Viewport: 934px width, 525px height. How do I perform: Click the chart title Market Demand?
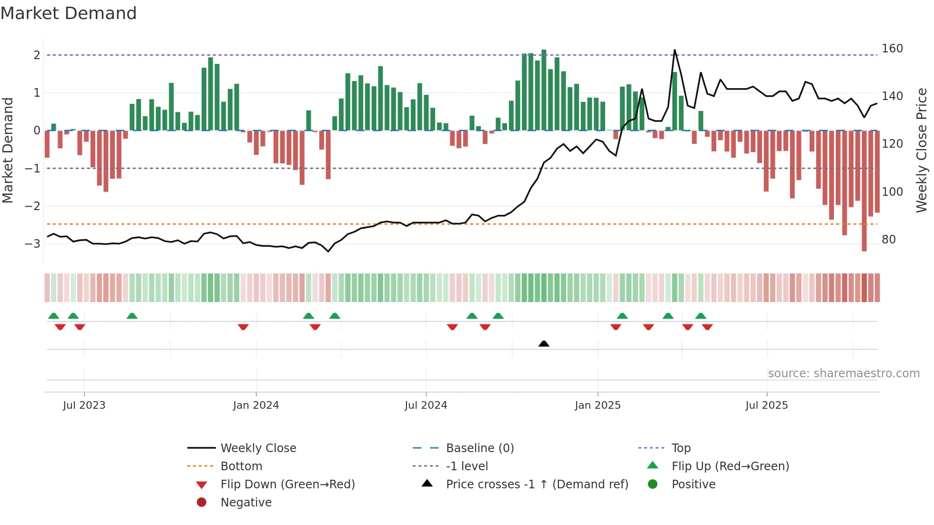[69, 13]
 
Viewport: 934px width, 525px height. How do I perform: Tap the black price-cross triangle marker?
[544, 343]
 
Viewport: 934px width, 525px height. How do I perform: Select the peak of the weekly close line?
[674, 50]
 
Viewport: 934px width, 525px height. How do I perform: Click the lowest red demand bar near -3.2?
[864, 191]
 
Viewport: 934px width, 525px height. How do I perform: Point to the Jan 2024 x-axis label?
[256, 405]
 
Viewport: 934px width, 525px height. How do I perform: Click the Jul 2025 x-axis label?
[767, 405]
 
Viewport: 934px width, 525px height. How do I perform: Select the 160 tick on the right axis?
[892, 49]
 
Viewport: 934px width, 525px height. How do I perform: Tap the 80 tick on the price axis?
[889, 240]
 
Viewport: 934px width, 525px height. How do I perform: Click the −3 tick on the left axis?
[32, 244]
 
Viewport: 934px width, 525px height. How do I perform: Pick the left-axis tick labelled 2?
[37, 55]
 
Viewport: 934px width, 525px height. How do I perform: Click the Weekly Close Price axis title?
[922, 150]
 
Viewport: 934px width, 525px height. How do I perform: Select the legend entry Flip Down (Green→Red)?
[287, 485]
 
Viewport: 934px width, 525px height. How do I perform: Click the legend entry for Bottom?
[241, 466]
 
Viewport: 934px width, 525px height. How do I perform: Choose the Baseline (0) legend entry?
[479, 448]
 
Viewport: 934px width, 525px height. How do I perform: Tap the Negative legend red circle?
[202, 503]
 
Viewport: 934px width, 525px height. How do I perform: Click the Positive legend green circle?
[653, 485]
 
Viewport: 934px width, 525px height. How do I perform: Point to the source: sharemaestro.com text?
[843, 374]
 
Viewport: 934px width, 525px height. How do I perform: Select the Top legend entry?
[680, 448]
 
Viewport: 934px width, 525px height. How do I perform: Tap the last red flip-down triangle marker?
[707, 327]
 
